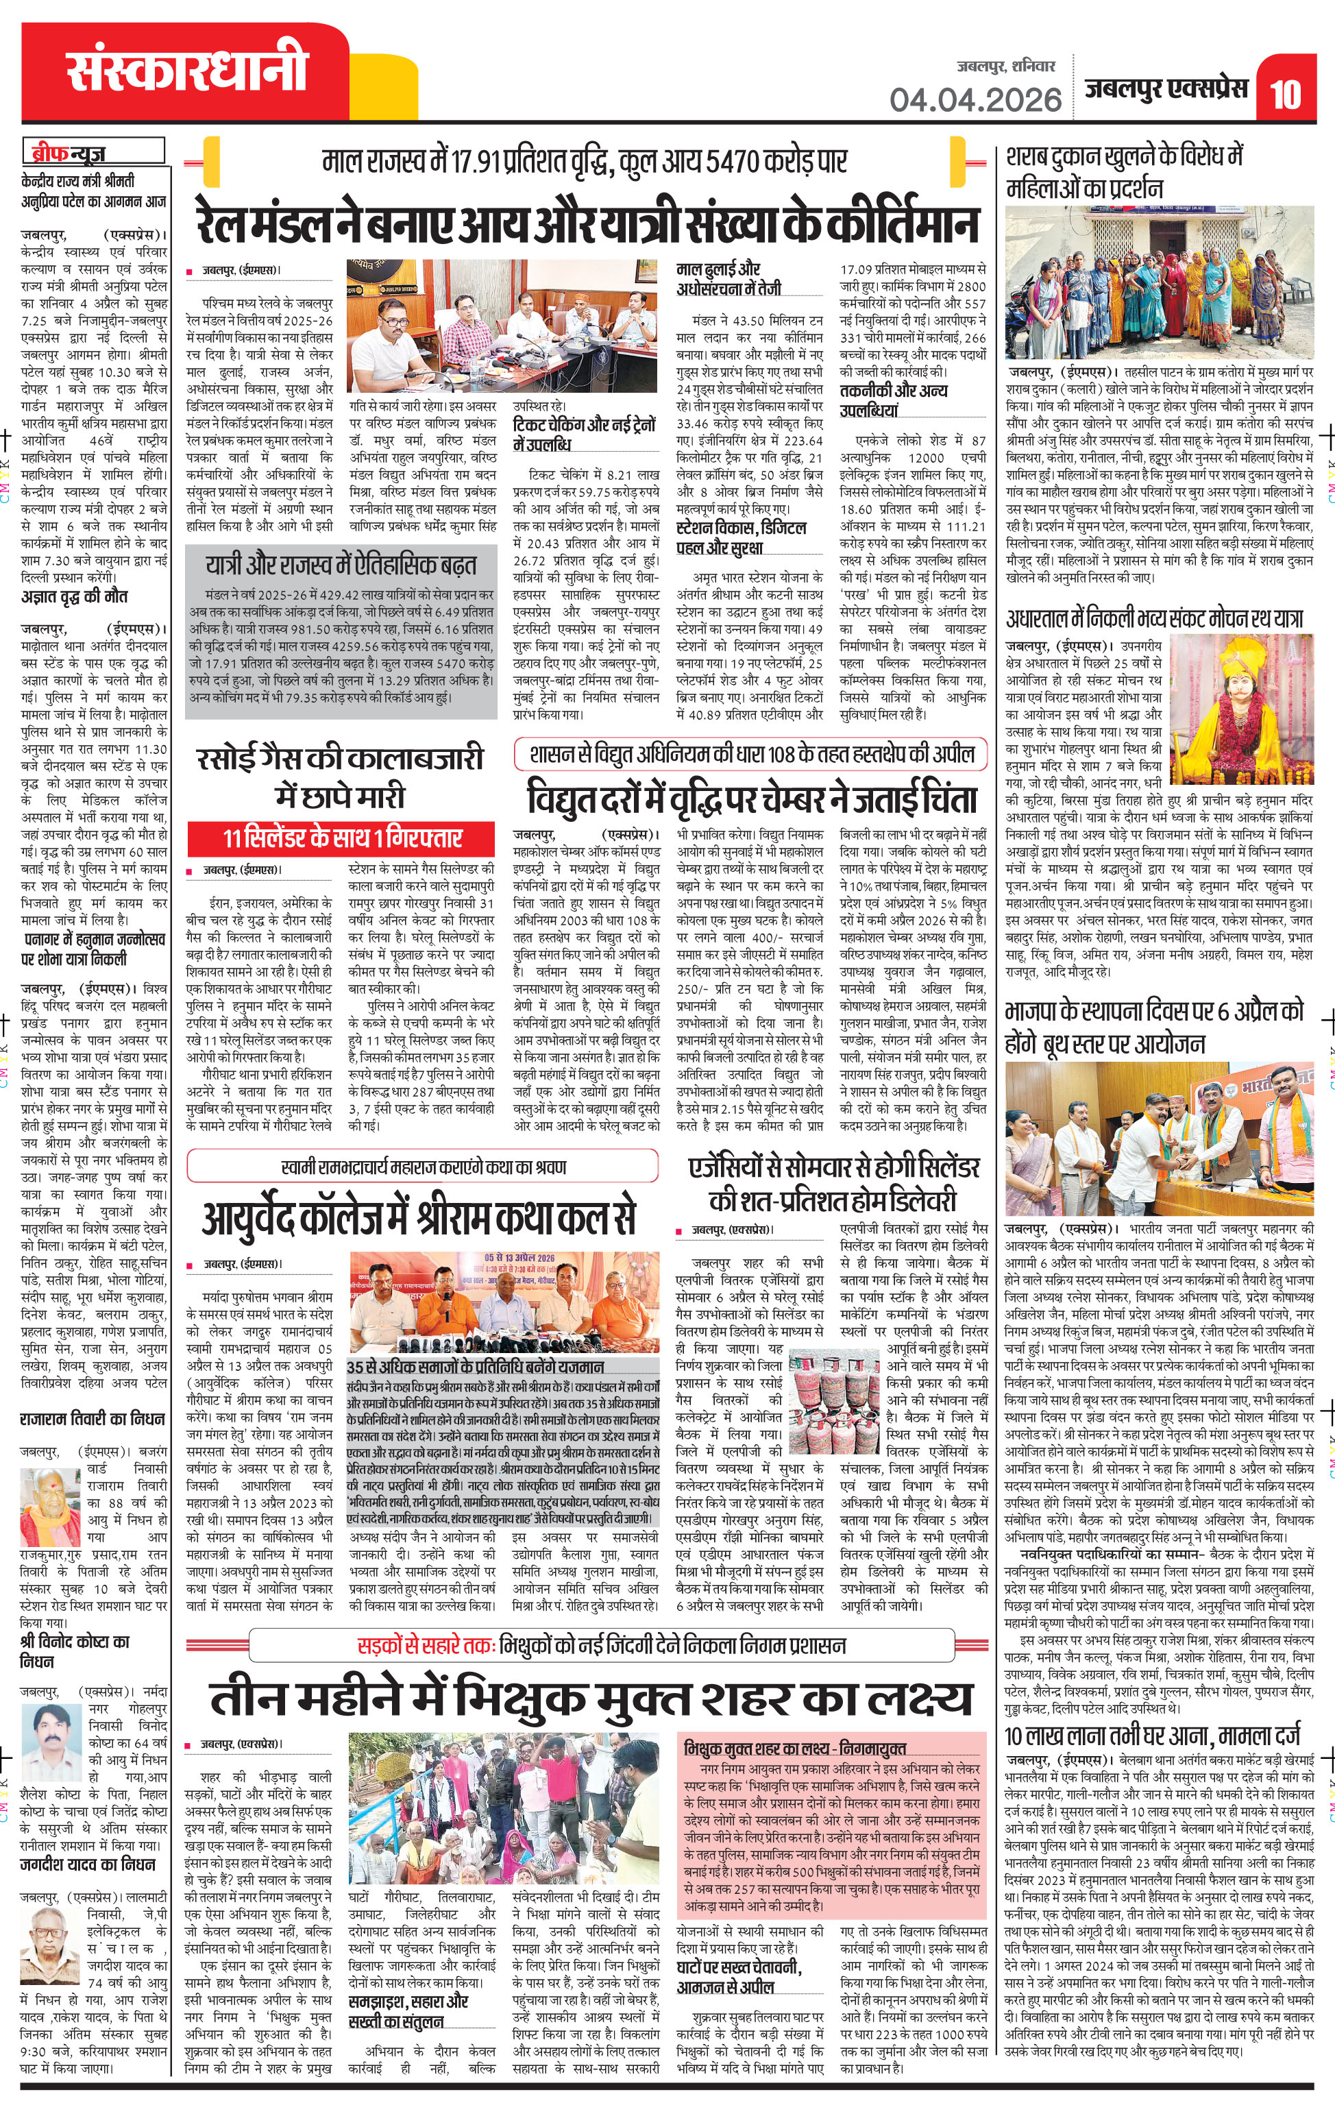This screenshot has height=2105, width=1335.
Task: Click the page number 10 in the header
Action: [x=1284, y=93]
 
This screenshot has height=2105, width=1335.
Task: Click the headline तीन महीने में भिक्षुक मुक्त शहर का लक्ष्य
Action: [x=591, y=1699]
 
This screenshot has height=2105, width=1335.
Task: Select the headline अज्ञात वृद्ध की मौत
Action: [x=75, y=597]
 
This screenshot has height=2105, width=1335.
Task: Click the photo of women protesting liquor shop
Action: [x=1160, y=283]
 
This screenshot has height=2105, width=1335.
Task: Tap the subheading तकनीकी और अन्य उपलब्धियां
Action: [x=894, y=400]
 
